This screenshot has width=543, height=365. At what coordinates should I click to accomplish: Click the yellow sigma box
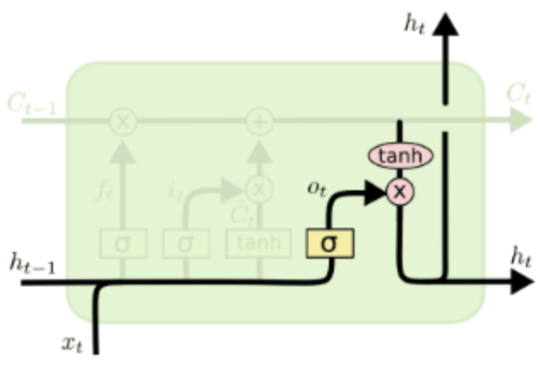329,243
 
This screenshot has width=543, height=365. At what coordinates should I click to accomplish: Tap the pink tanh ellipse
400,156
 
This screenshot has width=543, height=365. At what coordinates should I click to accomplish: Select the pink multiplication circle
399,190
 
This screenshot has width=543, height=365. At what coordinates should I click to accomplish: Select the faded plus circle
259,122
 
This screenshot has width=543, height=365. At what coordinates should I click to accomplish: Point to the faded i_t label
175,188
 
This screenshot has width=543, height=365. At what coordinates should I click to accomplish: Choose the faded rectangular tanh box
258,243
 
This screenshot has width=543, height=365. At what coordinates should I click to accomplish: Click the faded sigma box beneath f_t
122,243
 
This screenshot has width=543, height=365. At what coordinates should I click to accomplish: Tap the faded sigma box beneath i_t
187,243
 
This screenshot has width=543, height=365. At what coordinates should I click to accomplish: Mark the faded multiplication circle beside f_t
122,122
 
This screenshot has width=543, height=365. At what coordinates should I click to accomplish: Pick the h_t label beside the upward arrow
415,22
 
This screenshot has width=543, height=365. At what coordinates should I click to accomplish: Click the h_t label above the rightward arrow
521,254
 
